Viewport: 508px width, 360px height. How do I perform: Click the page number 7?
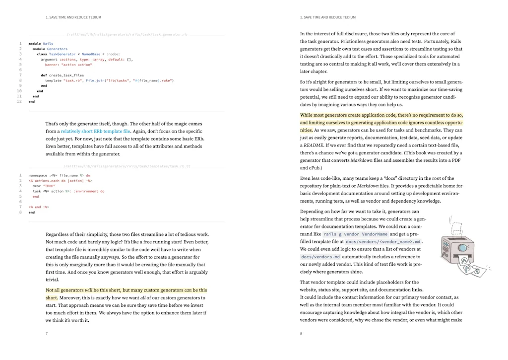pyautogui.click(x=47, y=334)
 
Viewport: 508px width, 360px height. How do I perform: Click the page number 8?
pyautogui.click(x=301, y=334)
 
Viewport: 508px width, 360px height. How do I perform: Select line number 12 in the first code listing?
pyautogui.click(x=19, y=101)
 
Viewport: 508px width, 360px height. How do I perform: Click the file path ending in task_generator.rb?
pyautogui.click(x=127, y=35)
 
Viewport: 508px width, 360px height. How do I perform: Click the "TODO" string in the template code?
pyautogui.click(x=49, y=186)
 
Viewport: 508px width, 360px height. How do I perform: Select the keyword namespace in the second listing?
pyautogui.click(x=38, y=175)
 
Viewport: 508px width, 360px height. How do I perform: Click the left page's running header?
pyautogui.click(x=73, y=17)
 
